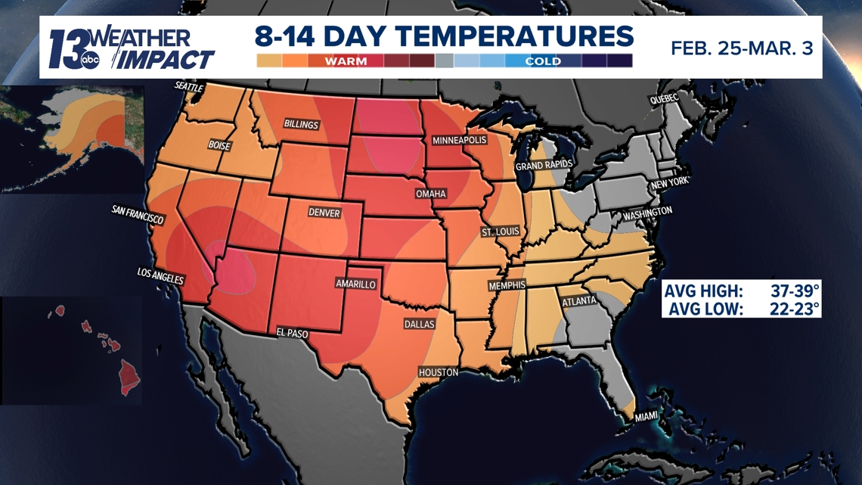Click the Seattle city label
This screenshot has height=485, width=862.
[x=189, y=87]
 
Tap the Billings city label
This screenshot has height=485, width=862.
[x=301, y=123]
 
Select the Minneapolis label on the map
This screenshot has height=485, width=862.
[x=459, y=141]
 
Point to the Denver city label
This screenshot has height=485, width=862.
[x=324, y=213]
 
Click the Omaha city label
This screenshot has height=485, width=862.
[x=430, y=194]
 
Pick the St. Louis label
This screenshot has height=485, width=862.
[x=500, y=232]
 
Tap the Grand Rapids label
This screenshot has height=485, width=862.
[x=544, y=165]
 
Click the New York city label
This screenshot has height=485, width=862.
[x=669, y=182]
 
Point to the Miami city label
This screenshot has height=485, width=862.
[x=646, y=416]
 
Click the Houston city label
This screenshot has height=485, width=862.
[x=439, y=372]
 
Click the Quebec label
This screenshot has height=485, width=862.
[x=664, y=100]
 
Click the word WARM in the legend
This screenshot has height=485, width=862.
[x=346, y=61]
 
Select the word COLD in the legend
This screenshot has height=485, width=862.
[x=543, y=61]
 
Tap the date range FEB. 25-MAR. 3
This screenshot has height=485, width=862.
[x=742, y=48]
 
